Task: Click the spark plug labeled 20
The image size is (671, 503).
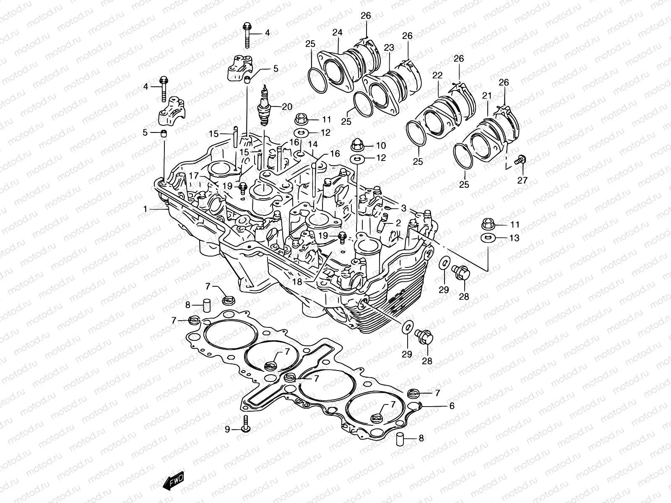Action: pos(265,107)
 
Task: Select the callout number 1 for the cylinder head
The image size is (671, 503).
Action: pos(145,208)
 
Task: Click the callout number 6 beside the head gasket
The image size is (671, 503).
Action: pos(452,406)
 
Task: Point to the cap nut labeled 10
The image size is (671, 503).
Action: pos(356,145)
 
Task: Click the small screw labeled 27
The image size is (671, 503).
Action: pos(521,160)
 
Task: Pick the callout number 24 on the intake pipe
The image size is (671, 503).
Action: pos(338,32)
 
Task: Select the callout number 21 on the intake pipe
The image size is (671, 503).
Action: pos(486,96)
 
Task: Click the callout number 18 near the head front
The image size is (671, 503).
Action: pos(297,282)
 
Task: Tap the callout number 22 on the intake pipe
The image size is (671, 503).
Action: pos(449,75)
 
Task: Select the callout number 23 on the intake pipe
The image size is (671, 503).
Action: pos(389,48)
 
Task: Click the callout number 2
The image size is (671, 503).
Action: pos(398,223)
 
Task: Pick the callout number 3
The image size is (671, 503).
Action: pos(403,208)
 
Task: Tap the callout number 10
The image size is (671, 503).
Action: pos(380,145)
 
